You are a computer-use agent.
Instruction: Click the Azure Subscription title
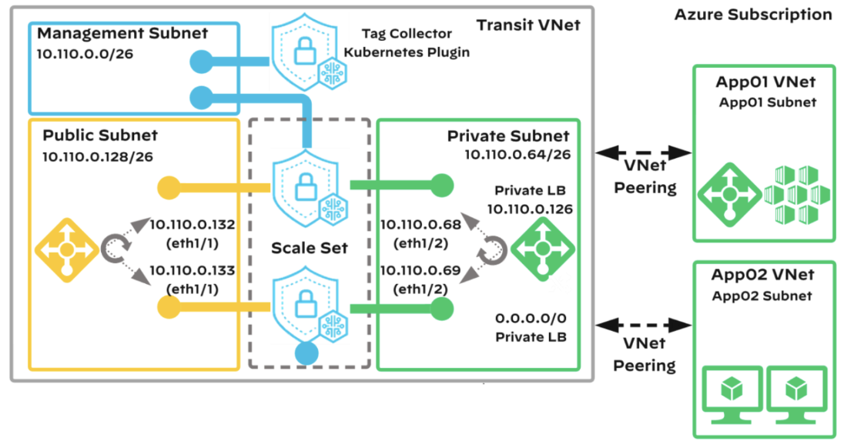(x=752, y=15)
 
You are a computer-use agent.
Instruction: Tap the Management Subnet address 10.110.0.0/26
(x=85, y=55)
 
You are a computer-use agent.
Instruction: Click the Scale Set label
(x=310, y=249)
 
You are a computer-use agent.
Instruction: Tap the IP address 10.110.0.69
(x=420, y=271)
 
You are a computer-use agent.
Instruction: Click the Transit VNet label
(x=527, y=25)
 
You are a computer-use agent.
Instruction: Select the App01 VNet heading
(x=765, y=82)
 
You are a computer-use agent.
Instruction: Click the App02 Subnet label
(x=765, y=296)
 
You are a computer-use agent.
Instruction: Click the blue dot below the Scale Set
(x=306, y=353)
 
